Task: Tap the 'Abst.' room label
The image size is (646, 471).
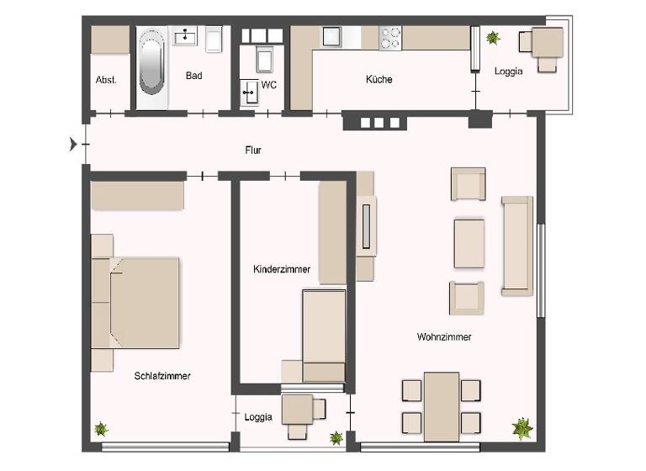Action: (106, 80)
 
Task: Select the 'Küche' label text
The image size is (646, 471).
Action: (379, 80)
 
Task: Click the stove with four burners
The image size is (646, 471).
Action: (391, 37)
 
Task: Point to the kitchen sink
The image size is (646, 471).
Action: (331, 37)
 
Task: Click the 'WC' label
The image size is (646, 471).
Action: (269, 85)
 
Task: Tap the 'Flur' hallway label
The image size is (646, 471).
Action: (253, 151)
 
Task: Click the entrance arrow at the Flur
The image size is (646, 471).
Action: (73, 144)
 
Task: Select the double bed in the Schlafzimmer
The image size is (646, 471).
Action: (144, 303)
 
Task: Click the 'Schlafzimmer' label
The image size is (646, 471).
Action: (162, 376)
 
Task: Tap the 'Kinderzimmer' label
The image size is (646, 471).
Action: (282, 269)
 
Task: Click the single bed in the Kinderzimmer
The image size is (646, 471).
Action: (324, 335)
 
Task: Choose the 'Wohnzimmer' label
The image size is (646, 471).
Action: (443, 336)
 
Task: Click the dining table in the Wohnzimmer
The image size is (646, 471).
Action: (441, 406)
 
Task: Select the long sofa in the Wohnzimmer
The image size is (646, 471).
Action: (516, 246)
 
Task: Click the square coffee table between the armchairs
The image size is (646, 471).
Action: (469, 242)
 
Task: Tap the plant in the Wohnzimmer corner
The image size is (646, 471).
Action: (522, 428)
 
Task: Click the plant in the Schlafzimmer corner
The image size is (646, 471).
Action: (102, 429)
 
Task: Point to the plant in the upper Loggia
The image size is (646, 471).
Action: (492, 38)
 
